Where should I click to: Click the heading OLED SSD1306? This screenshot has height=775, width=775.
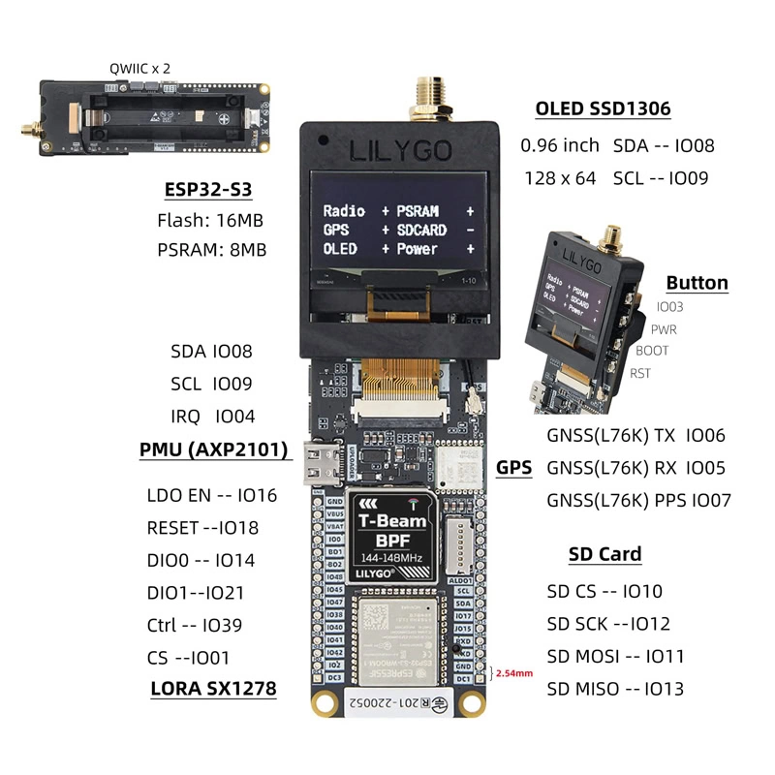603,108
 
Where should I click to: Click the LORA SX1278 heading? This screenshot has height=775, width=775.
213,689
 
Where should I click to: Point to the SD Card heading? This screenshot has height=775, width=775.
604,554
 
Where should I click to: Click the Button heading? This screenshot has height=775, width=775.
697,283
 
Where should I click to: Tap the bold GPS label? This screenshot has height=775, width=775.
514,467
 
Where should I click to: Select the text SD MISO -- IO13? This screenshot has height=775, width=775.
615,689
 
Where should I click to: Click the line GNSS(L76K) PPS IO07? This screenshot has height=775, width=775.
638,500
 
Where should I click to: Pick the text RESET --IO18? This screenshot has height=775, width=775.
202,528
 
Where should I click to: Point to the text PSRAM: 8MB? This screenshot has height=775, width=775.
211,249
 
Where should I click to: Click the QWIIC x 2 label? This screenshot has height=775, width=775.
138,70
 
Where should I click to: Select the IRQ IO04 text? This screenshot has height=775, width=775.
212,417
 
